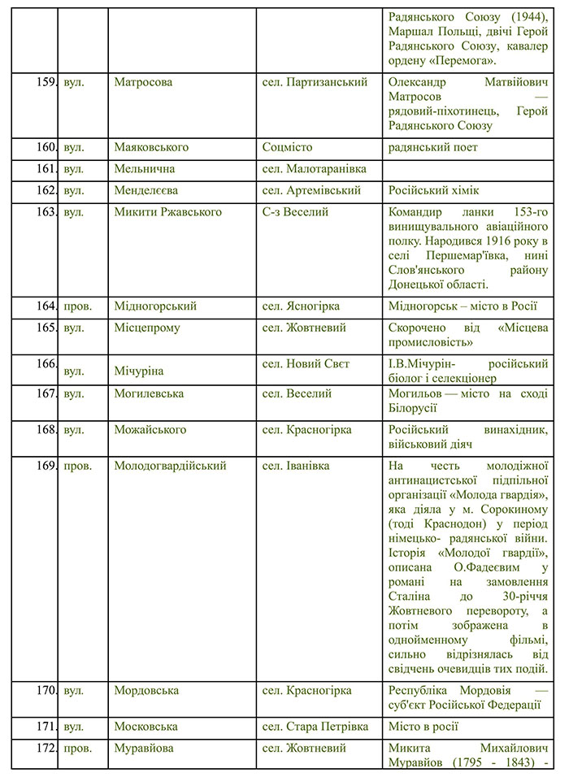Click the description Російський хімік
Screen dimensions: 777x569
(x=434, y=190)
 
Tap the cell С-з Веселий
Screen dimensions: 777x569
(x=295, y=212)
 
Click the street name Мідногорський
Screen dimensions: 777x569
(x=156, y=306)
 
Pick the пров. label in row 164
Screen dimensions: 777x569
(x=77, y=306)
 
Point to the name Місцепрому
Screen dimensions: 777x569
(x=147, y=328)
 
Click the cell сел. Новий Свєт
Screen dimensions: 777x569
(x=306, y=364)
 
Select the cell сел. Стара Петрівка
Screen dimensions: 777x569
(x=315, y=727)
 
